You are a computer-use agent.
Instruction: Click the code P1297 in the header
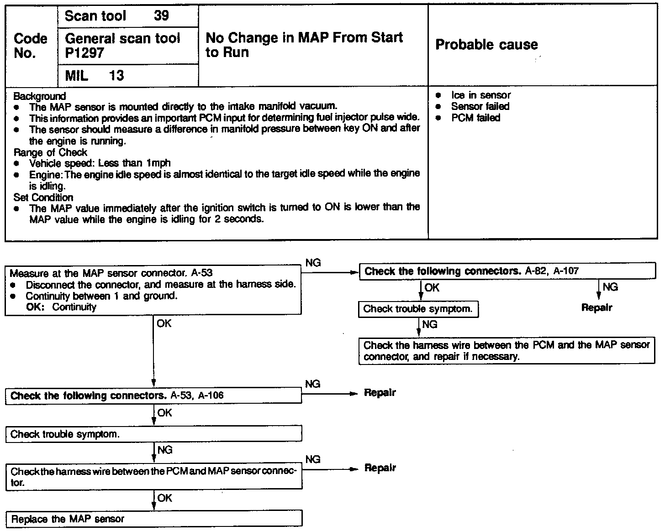coord(84,53)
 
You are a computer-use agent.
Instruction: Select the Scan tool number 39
coord(161,16)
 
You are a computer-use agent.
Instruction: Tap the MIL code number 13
coord(116,75)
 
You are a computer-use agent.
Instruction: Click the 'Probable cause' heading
coord(486,45)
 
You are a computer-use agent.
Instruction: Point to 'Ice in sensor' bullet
coord(480,95)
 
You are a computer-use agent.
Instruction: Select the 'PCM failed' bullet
coord(475,118)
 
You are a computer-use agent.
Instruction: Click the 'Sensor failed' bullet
coord(480,106)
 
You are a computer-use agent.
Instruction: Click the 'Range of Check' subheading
coord(50,152)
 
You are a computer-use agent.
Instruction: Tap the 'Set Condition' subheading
coord(43,198)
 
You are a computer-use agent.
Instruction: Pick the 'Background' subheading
coord(40,96)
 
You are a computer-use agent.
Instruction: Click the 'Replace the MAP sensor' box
coord(153,519)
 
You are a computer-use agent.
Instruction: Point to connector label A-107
coord(566,271)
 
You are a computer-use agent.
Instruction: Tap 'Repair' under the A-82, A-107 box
coord(596,307)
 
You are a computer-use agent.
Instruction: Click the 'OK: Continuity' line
coord(61,307)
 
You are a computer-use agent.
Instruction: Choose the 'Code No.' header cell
coord(31,46)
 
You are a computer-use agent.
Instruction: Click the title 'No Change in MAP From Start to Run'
coord(304,45)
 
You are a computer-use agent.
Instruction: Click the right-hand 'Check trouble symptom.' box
coord(418,309)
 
